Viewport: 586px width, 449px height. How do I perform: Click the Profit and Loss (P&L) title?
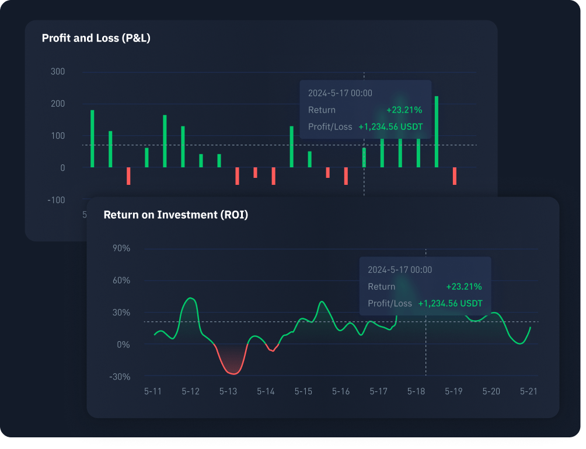tap(96, 38)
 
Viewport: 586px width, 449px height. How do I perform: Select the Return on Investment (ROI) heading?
tap(176, 215)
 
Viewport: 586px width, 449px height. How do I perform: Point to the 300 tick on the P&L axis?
tap(57, 72)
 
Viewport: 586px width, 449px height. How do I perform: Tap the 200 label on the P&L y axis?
tap(57, 104)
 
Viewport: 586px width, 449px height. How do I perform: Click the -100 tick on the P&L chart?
tap(56, 200)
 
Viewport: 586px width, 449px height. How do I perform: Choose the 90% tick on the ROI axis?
tap(121, 248)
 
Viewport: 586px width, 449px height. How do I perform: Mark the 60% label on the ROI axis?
tap(121, 280)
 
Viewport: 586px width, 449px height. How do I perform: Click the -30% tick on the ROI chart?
tap(120, 377)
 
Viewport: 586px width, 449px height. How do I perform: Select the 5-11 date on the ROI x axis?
tap(153, 391)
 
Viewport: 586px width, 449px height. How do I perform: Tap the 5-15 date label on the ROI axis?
tap(304, 391)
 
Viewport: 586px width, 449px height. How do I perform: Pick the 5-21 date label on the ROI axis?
tap(529, 391)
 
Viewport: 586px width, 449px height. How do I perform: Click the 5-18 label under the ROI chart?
tap(416, 391)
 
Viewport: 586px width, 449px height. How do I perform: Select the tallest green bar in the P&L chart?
tap(437, 131)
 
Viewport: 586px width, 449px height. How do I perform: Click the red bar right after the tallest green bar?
tap(455, 176)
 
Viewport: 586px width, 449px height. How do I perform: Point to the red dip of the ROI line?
tap(232, 372)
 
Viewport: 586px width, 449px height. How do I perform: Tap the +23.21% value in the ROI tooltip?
tap(464, 286)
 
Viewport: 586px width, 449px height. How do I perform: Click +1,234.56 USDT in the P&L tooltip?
tap(390, 127)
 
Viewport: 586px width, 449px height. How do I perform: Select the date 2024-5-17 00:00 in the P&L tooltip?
tap(340, 93)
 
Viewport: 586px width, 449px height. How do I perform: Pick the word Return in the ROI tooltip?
tap(382, 286)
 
